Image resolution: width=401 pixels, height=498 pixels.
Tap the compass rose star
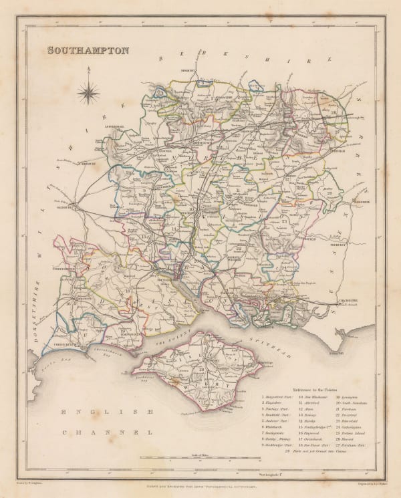click(x=88, y=92)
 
